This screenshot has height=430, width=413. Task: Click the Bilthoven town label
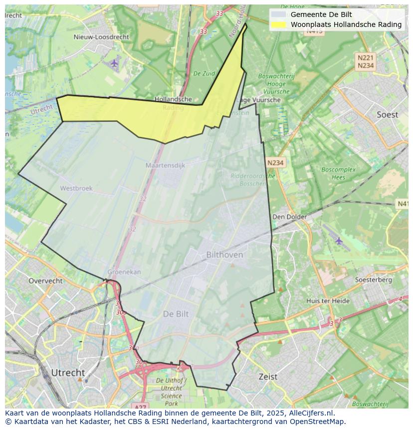224,255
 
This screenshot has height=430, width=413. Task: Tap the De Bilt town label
176,314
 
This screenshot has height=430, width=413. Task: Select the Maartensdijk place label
165,165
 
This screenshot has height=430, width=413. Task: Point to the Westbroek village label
76,188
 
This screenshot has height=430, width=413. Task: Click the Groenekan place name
124,272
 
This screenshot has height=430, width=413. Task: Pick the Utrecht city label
68,373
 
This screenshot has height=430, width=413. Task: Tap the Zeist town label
268,377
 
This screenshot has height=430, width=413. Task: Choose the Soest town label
387,115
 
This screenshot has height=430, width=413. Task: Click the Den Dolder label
289,217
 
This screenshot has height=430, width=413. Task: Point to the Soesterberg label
373,280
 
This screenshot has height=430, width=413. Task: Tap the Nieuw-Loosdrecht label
101,37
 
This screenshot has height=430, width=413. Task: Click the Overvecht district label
45,281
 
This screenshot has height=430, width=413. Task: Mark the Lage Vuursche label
259,100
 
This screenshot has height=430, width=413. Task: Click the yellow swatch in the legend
279,24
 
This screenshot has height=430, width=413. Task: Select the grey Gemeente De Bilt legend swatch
279,14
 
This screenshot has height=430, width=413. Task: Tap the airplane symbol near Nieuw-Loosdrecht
115,63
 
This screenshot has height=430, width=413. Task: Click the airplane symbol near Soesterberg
339,241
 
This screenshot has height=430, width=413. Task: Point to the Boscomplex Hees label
338,173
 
